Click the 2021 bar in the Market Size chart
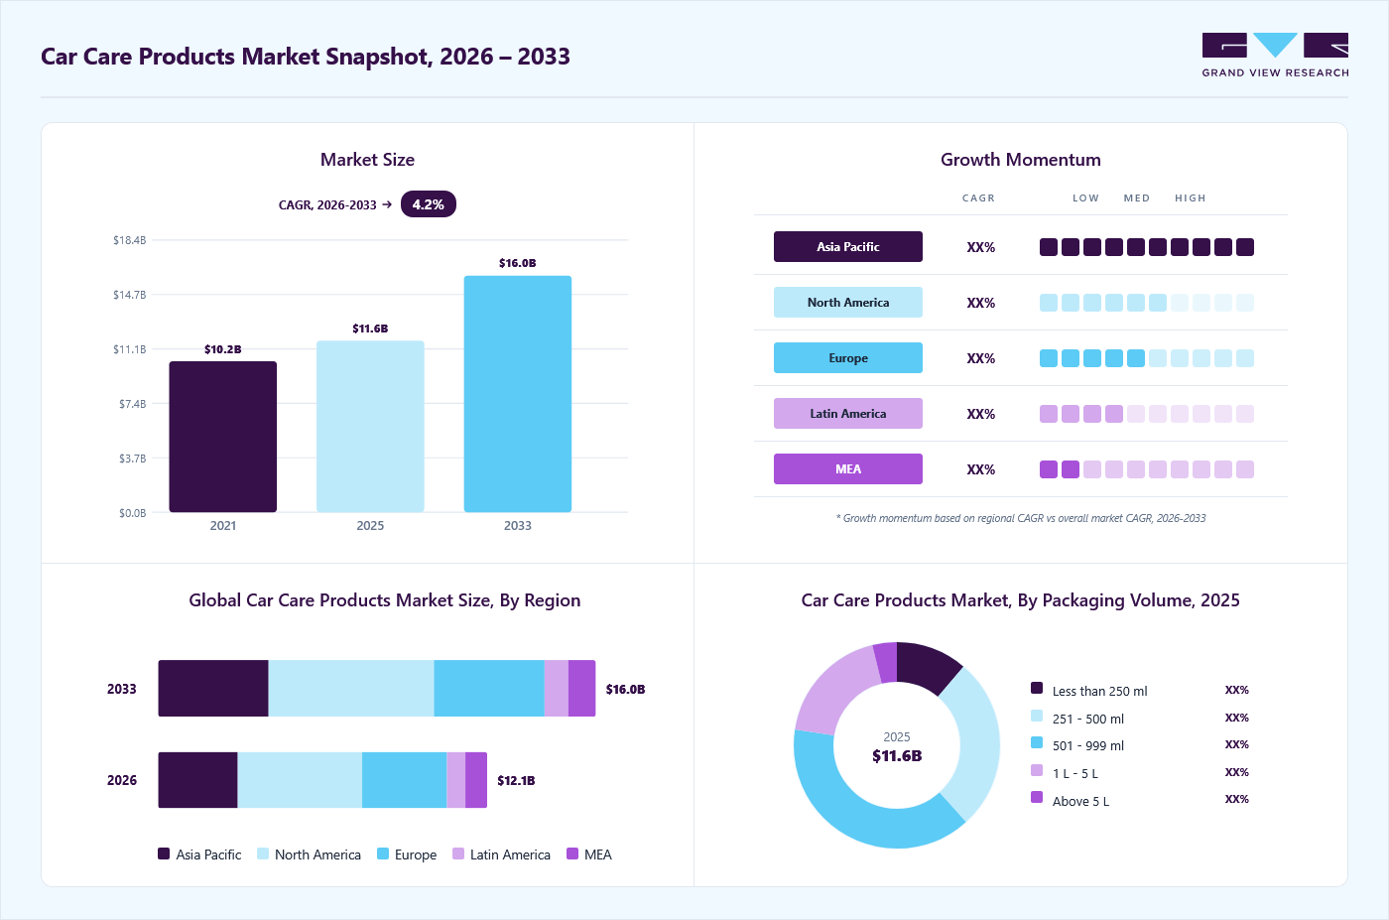tap(222, 437)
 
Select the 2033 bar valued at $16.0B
tap(518, 394)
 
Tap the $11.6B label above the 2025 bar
tap(370, 329)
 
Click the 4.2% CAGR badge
tap(428, 204)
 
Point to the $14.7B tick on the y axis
tap(130, 295)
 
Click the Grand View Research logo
tap(1275, 56)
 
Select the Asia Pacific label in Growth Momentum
tap(847, 247)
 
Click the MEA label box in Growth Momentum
tap(847, 469)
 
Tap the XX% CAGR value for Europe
tap(980, 358)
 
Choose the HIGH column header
tap(1190, 197)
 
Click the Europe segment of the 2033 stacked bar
tap(488, 688)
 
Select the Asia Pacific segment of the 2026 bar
tap(197, 780)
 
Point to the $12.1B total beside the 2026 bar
tap(516, 780)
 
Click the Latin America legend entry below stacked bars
tap(502, 854)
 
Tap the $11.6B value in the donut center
tap(897, 755)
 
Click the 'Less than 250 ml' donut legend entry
tap(1089, 691)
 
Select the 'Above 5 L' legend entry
tap(1070, 800)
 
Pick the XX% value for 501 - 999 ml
tap(1236, 744)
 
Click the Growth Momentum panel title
tap(1021, 160)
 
